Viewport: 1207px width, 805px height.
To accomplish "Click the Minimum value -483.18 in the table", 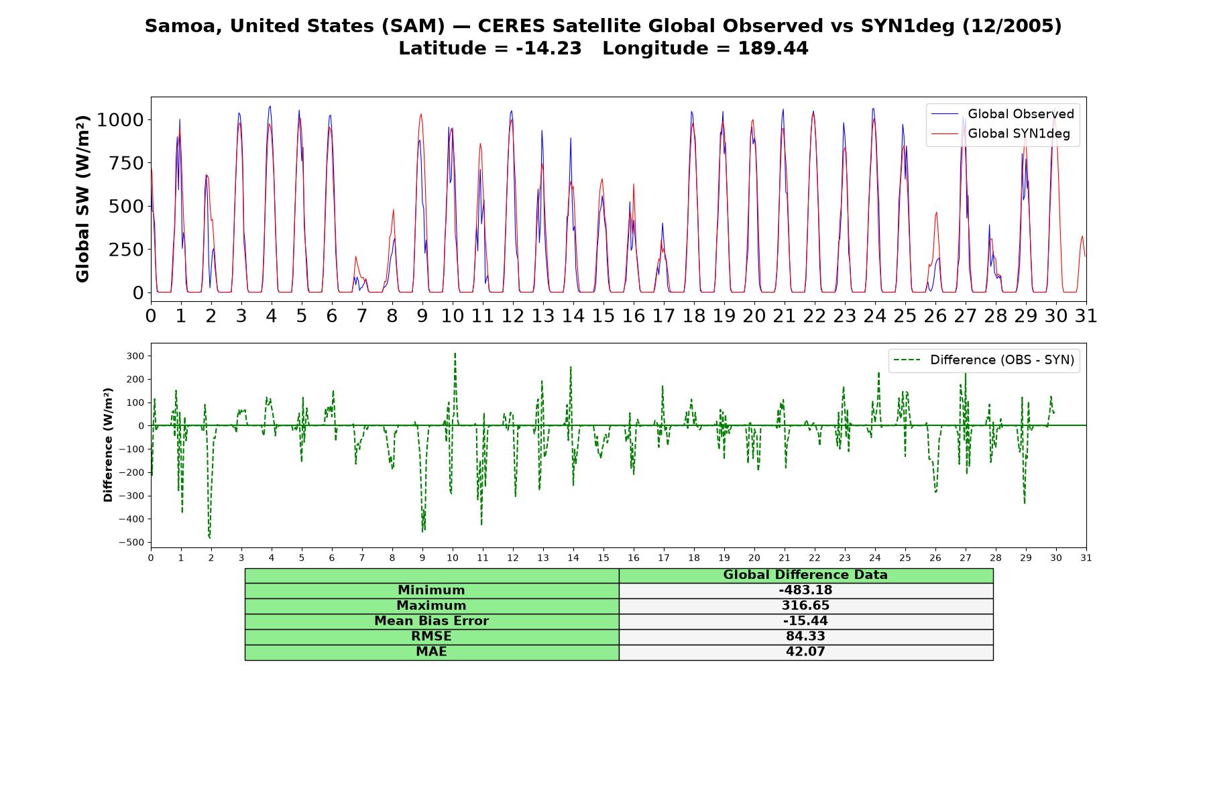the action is click(805, 590).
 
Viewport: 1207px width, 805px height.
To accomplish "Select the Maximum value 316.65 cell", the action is click(805, 606).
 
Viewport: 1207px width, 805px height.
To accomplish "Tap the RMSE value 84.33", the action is click(805, 637).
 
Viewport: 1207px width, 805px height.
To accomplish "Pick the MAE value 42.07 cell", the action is click(805, 652).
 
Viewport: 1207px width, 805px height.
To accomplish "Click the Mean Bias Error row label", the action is click(432, 621).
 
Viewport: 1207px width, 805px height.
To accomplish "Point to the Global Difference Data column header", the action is click(805, 575).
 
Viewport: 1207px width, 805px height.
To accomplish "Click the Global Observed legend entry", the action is click(1002, 114).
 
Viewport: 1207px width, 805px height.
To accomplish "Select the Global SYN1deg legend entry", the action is click(1002, 134).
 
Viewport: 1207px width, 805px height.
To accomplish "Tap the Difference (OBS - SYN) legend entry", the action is click(984, 360).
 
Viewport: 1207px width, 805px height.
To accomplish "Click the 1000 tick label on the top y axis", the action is click(120, 120).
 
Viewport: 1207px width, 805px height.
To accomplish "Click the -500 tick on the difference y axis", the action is click(131, 543).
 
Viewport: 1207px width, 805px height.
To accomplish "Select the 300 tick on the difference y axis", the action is click(136, 356).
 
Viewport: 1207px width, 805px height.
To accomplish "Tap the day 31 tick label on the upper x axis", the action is click(1086, 316).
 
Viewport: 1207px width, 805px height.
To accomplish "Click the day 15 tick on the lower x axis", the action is click(603, 557).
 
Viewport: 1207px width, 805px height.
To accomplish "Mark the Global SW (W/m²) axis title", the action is click(82, 199).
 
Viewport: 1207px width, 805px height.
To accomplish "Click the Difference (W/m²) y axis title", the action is click(108, 445).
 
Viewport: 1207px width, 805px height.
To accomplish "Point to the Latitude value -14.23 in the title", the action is click(549, 48).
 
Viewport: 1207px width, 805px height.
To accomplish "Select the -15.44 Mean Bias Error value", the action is click(805, 621).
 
